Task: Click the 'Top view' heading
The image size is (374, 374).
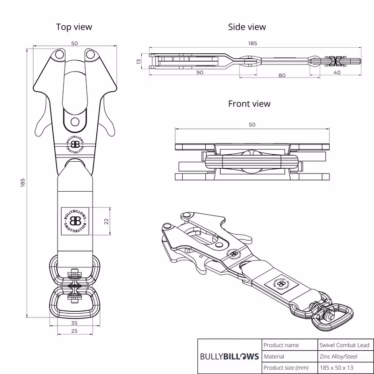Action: pos(74,27)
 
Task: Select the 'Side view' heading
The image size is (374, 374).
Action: pos(247,27)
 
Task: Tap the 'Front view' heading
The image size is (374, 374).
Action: pos(249,103)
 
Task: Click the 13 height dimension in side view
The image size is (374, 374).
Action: pos(138,62)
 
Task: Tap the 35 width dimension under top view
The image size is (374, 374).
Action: pos(74,323)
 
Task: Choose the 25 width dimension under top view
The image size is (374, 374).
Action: pos(74,331)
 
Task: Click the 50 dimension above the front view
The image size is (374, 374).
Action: pos(252,124)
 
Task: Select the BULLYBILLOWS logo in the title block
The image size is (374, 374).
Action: pos(229,356)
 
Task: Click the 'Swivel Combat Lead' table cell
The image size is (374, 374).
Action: pos(345,345)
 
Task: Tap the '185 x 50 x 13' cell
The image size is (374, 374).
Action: pos(337,367)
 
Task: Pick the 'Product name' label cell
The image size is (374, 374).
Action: pos(281,345)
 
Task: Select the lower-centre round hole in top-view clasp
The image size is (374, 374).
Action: pos(75,122)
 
